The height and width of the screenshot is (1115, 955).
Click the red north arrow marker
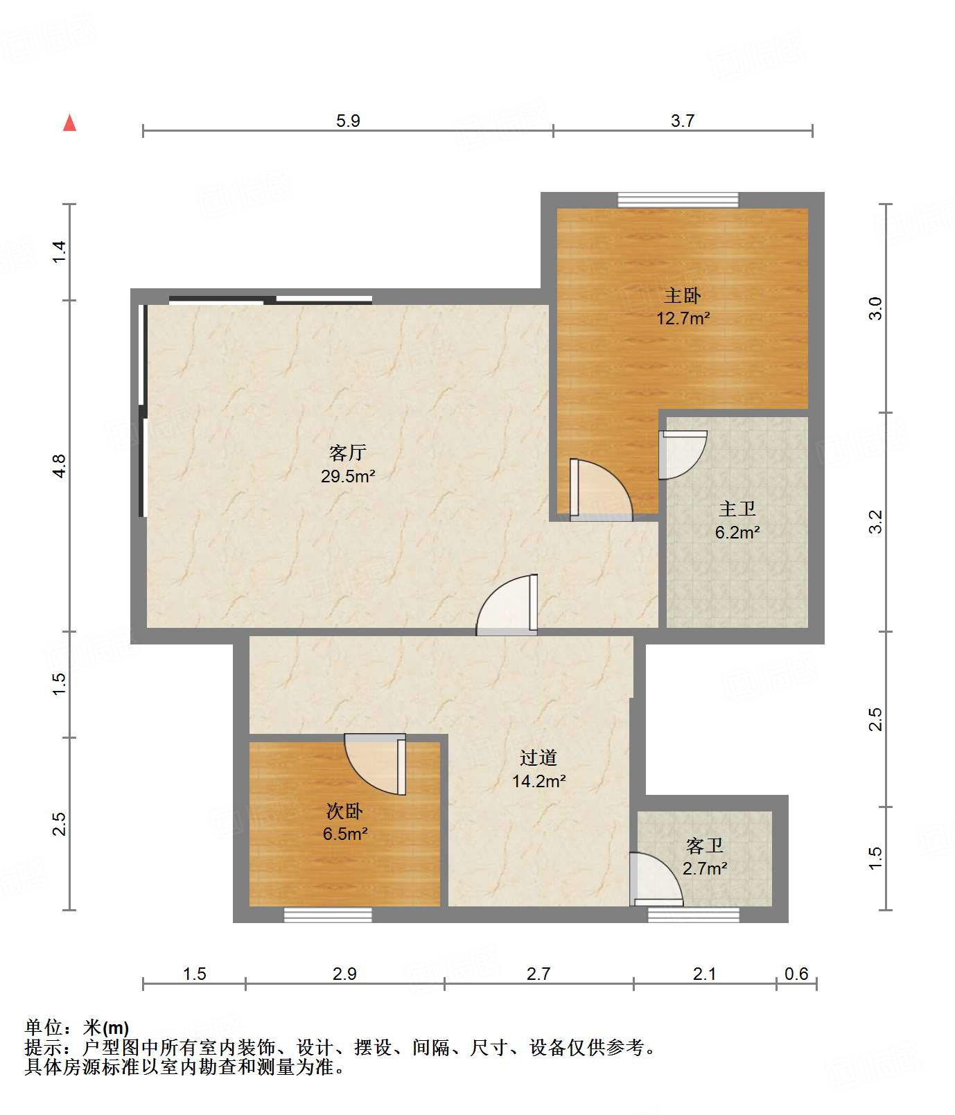(x=69, y=123)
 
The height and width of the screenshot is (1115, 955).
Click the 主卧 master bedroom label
(x=683, y=296)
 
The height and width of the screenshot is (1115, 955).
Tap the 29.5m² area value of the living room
(x=348, y=476)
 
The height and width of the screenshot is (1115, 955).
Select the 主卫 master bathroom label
(x=737, y=509)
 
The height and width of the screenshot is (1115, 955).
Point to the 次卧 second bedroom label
(x=344, y=811)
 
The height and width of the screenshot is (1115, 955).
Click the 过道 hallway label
(x=538, y=757)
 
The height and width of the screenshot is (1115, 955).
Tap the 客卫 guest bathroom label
(x=705, y=845)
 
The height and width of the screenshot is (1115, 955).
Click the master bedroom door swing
(x=601, y=489)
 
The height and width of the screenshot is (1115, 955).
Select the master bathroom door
(x=683, y=455)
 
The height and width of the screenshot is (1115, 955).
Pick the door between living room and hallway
(x=507, y=604)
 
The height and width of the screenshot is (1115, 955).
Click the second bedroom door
(x=375, y=764)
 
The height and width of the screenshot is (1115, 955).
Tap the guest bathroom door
(x=656, y=879)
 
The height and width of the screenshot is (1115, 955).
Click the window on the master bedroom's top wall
(x=678, y=200)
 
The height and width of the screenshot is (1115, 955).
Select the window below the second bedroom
(x=328, y=915)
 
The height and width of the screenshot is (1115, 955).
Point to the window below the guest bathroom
(x=694, y=915)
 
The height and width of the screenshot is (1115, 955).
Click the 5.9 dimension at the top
(x=348, y=121)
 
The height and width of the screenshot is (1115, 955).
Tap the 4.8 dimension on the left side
(x=60, y=466)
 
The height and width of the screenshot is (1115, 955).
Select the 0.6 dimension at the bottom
(x=796, y=974)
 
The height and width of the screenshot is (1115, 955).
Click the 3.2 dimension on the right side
(x=876, y=521)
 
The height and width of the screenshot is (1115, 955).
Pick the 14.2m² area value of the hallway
(x=539, y=781)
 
